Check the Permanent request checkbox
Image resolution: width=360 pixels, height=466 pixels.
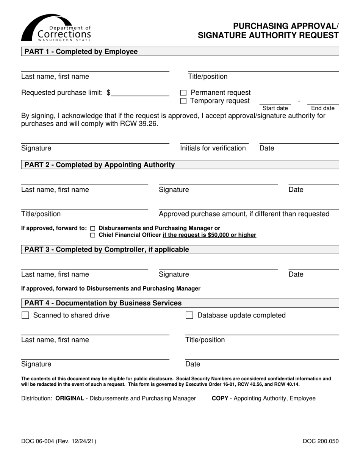tap(183, 93)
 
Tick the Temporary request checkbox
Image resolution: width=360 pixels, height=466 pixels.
tap(183, 101)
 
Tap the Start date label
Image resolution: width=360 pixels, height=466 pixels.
tap(275, 108)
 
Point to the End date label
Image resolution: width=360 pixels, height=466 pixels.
tap(323, 108)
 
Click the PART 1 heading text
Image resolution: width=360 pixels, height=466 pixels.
tap(81, 52)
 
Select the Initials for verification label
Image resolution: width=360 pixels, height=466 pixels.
tap(213, 148)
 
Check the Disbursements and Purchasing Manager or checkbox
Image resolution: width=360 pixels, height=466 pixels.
tap(93, 228)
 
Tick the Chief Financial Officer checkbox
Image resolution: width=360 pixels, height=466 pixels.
tap(93, 236)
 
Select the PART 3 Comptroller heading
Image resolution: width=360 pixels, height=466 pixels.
tap(106, 249)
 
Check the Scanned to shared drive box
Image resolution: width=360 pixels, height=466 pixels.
tap(25, 316)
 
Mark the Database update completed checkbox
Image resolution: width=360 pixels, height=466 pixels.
tap(189, 316)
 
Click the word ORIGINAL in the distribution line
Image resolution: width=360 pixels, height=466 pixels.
tap(69, 399)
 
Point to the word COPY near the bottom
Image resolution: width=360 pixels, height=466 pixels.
tap(220, 399)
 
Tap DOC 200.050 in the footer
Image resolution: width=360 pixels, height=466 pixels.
tap(321, 441)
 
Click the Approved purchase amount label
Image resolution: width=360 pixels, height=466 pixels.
tap(244, 214)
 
